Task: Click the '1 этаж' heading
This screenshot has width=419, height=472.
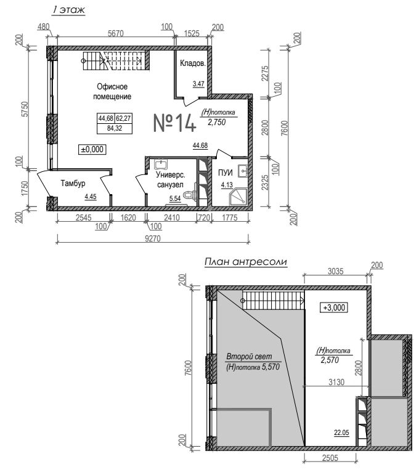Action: tap(68, 10)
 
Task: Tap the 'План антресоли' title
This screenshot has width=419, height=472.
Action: tap(246, 262)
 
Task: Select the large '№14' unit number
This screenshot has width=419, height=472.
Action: tap(174, 123)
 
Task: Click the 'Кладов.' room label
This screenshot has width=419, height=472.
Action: tap(193, 63)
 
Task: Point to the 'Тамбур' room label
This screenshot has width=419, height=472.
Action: tap(73, 183)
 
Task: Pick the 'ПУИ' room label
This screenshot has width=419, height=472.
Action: tap(225, 173)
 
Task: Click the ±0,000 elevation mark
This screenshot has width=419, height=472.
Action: tap(92, 149)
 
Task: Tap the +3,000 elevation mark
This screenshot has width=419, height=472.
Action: tap(334, 307)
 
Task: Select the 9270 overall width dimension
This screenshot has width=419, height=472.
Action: tap(153, 238)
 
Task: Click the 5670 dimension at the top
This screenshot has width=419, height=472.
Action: tap(116, 33)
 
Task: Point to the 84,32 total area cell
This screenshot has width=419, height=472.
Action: tap(115, 129)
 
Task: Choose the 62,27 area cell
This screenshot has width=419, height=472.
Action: tap(123, 118)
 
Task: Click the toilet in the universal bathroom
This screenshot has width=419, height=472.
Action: tap(190, 195)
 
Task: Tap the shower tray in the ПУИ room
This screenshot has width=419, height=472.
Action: tap(238, 197)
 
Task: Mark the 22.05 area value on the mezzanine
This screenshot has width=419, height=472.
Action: tap(341, 433)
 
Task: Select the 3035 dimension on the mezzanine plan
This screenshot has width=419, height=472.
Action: tap(335, 271)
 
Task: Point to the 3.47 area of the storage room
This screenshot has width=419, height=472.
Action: tap(198, 84)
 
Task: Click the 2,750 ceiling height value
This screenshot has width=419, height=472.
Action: tap(217, 122)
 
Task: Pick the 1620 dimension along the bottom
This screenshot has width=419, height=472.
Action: tap(128, 218)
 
